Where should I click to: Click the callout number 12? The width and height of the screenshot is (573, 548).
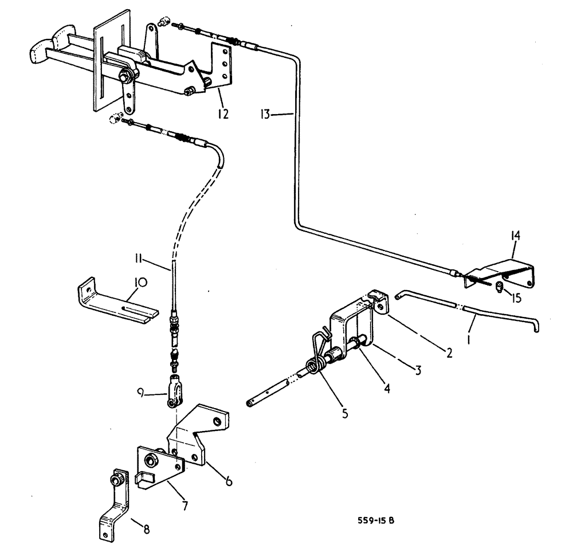(x=223, y=115)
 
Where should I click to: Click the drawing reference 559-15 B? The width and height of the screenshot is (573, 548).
(x=378, y=520)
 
